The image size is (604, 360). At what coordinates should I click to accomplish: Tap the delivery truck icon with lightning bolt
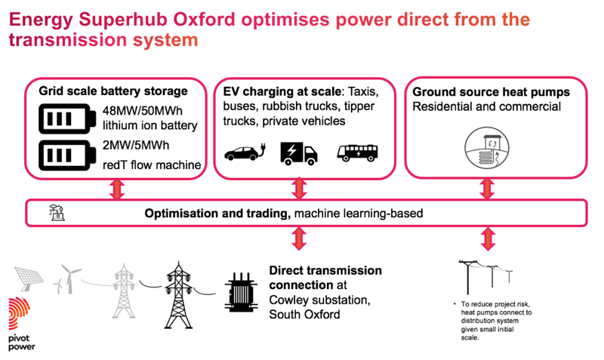pyautogui.click(x=299, y=153)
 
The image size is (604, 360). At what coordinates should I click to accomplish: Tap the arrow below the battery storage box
pyautogui.click(x=116, y=189)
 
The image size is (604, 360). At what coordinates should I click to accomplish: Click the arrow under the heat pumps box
pyautogui.click(x=484, y=189)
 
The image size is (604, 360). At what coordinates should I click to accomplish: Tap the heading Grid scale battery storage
pyautogui.click(x=113, y=91)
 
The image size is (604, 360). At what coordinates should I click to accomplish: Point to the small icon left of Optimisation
pyautogui.click(x=55, y=212)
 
